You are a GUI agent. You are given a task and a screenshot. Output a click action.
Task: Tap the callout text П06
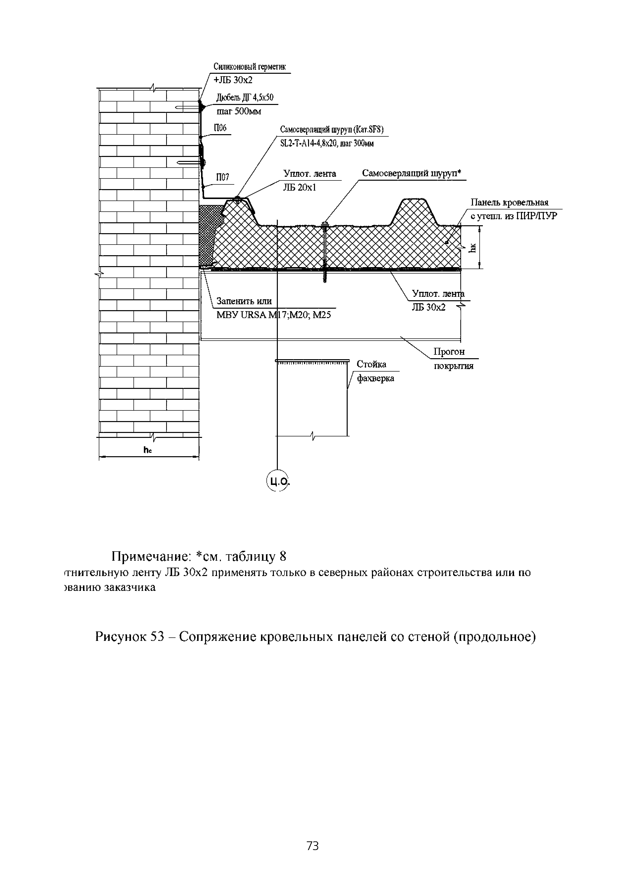(x=220, y=128)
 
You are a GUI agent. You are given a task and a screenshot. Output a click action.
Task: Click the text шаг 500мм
(x=239, y=112)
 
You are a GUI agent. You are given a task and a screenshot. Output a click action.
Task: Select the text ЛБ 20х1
(x=300, y=188)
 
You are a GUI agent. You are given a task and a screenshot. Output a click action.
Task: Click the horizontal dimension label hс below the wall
(x=148, y=450)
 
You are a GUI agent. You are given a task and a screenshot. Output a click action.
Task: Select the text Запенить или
(x=244, y=301)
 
